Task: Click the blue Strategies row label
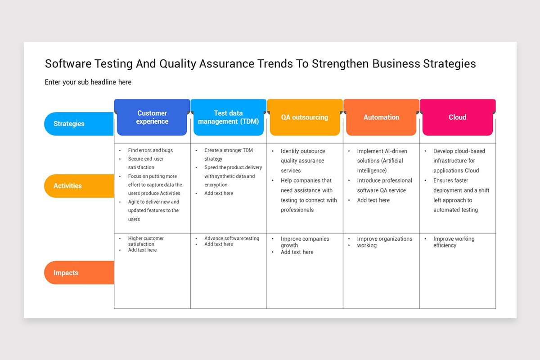pos(79,124)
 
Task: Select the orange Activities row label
pos(79,186)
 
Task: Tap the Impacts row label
pos(79,273)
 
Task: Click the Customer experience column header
pos(152,117)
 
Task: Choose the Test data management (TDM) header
pos(229,117)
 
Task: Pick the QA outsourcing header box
pos(305,117)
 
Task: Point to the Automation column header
pos(382,117)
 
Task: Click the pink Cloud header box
pos(458,117)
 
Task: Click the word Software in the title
pos(68,63)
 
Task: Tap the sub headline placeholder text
pos(88,82)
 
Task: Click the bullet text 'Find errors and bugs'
pos(150,150)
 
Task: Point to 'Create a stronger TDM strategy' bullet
pos(229,154)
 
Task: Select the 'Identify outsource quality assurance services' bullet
pos(303,161)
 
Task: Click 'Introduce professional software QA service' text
pos(384,185)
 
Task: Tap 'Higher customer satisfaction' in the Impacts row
pos(146,241)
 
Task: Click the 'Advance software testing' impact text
pos(232,238)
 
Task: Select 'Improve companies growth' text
pos(305,242)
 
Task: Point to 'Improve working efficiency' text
pos(454,242)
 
